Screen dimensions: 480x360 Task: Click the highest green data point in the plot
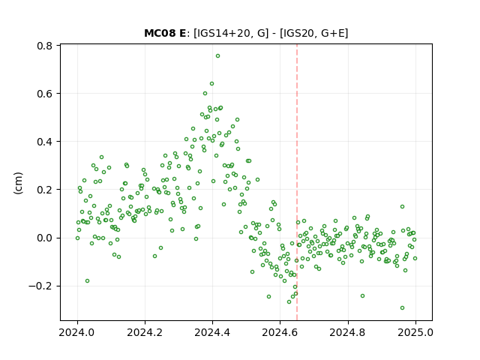coord(217,56)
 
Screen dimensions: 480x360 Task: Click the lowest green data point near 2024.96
coord(402,308)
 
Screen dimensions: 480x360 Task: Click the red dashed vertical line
coord(297,182)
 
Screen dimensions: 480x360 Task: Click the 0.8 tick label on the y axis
coord(45,46)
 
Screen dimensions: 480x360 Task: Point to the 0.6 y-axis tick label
coord(45,94)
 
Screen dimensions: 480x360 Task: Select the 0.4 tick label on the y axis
coord(45,142)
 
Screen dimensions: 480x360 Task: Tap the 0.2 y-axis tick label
coord(45,190)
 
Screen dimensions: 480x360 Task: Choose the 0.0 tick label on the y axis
coord(45,238)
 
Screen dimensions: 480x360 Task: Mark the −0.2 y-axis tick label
coord(40,286)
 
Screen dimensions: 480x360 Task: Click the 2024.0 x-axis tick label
coord(77,332)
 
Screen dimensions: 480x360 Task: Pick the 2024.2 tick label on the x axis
coord(145,332)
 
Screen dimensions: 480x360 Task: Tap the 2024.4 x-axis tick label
coord(212,332)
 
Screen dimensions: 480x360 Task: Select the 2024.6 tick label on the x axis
coord(280,332)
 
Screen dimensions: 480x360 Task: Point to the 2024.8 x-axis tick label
coord(348,332)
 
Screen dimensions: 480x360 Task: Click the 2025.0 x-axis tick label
coord(415,332)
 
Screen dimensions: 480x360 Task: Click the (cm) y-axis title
coord(18,183)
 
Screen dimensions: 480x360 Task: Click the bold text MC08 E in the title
coord(165,33)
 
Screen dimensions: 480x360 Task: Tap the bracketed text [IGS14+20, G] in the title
coord(231,33)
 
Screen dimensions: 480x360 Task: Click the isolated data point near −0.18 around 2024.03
coord(87,281)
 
